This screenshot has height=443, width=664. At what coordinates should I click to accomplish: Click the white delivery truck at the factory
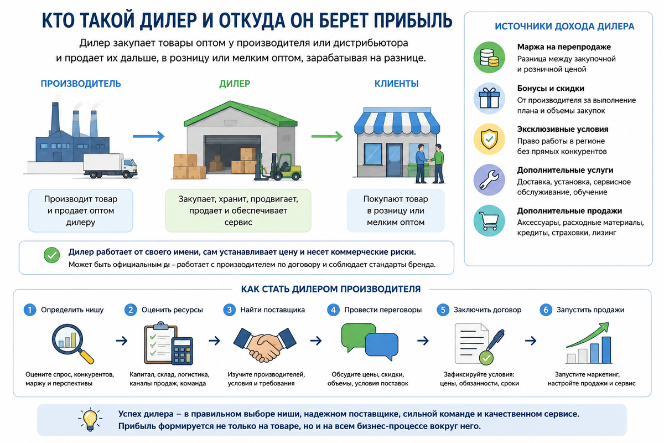pyautogui.click(x=110, y=166)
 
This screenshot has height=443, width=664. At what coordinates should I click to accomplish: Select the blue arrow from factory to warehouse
pyautogui.click(x=148, y=136)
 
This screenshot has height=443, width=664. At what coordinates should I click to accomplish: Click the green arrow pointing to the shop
pyautogui.click(x=327, y=136)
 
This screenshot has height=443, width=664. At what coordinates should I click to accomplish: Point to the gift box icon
pyautogui.click(x=489, y=98)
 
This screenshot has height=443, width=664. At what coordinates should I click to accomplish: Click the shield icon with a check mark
pyautogui.click(x=489, y=139)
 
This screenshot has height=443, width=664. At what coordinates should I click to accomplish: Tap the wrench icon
pyautogui.click(x=489, y=180)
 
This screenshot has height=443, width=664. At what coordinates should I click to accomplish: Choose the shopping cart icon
pyautogui.click(x=489, y=220)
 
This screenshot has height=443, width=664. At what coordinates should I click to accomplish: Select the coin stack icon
pyautogui.click(x=489, y=57)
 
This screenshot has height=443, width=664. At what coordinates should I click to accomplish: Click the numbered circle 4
pyautogui.click(x=333, y=310)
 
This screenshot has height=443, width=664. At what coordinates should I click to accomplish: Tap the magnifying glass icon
pyautogui.click(x=72, y=343)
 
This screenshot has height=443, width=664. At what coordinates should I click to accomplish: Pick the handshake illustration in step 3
pyautogui.click(x=264, y=344)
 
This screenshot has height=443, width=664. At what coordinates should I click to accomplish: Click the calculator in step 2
pyautogui.click(x=182, y=351)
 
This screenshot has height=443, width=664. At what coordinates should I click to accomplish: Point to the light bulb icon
pyautogui.click(x=90, y=420)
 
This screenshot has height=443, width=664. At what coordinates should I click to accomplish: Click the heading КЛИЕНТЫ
pyautogui.click(x=396, y=84)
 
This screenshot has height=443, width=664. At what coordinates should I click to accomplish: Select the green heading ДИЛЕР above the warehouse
pyautogui.click(x=235, y=84)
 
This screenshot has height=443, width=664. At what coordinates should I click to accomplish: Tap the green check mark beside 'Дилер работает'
pyautogui.click(x=52, y=255)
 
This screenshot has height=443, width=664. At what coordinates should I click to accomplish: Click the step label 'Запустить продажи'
pyautogui.click(x=590, y=310)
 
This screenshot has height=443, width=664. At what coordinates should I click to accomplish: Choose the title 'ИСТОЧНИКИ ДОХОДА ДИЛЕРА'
pyautogui.click(x=564, y=27)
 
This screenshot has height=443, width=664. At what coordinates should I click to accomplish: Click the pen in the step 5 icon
pyautogui.click(x=495, y=340)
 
